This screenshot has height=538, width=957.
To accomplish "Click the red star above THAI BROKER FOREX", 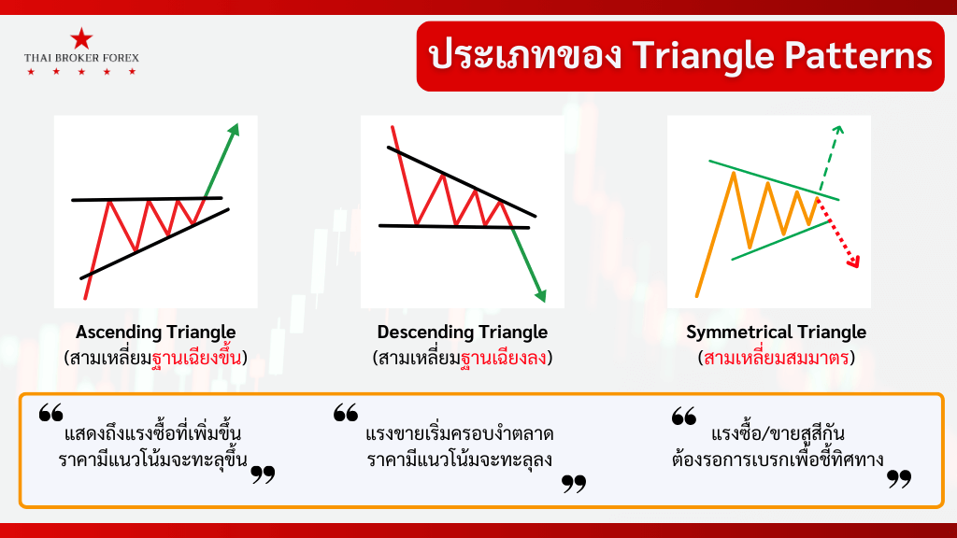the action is click(81, 38).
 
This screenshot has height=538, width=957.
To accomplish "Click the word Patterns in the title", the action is click(858, 55).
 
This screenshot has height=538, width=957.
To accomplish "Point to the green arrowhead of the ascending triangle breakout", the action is click(233, 129).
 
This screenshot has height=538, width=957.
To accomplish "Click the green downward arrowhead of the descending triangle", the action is click(540, 296).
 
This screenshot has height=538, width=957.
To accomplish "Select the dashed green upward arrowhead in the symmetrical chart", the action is click(838, 130).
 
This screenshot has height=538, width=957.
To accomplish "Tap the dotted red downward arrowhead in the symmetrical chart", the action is click(854, 262).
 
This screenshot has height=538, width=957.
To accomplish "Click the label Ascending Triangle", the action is click(156, 332).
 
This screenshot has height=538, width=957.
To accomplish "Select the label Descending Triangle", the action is click(462, 332).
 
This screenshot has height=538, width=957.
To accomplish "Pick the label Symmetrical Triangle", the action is click(776, 332).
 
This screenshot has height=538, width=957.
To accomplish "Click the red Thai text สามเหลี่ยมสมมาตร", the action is click(776, 358).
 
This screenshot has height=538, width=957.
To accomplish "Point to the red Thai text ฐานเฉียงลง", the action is click(504, 357).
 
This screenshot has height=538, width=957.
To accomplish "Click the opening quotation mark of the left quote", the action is click(51, 412).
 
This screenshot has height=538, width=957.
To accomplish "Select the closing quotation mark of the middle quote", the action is click(574, 484).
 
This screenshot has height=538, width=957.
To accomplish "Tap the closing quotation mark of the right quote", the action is click(899, 479).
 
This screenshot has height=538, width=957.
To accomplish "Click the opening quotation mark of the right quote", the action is click(684, 416).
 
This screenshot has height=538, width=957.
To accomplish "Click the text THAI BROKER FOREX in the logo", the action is click(82, 58).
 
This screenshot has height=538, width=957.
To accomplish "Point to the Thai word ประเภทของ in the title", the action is click(525, 55).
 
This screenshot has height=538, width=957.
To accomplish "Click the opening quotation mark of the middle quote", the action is click(346, 412).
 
